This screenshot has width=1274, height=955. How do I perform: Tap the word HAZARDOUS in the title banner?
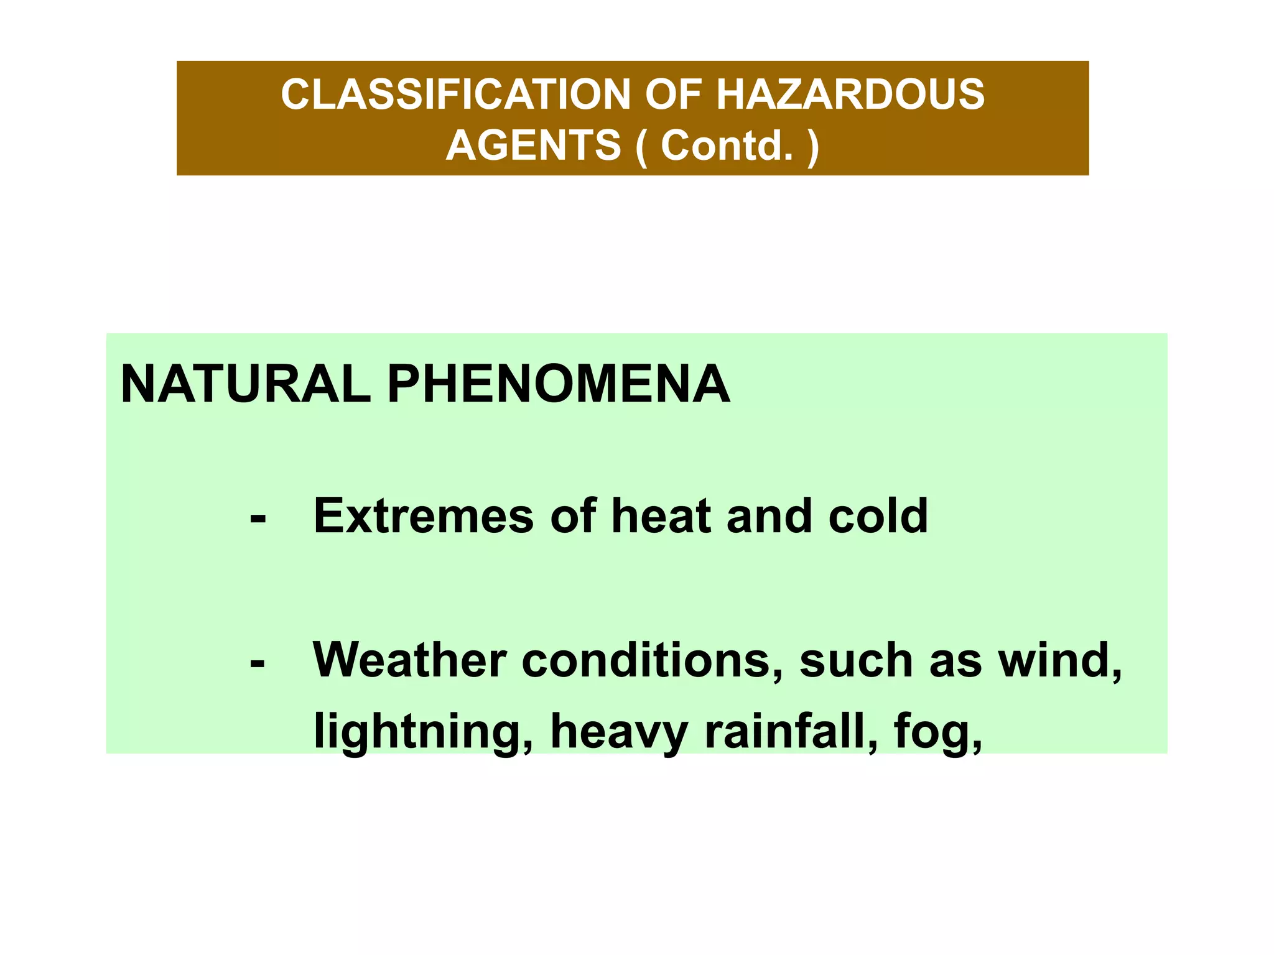click(850, 95)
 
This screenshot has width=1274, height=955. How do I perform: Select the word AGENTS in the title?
click(533, 145)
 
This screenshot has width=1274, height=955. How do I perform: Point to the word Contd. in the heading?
click(727, 145)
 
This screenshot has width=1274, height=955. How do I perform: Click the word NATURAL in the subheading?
click(245, 384)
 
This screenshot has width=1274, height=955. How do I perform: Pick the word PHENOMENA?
click(558, 384)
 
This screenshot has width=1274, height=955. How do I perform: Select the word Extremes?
click(424, 516)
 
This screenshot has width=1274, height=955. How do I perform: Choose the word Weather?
click(409, 660)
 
